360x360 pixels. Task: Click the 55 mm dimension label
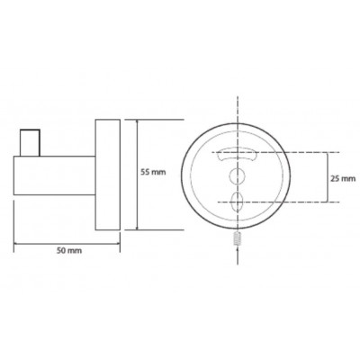click(153, 173)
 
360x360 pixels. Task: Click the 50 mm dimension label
click(69, 250)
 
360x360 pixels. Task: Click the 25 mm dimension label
click(343, 179)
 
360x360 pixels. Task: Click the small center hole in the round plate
click(237, 175)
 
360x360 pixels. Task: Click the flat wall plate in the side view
click(108, 175)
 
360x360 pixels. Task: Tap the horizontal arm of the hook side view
click(55, 175)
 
